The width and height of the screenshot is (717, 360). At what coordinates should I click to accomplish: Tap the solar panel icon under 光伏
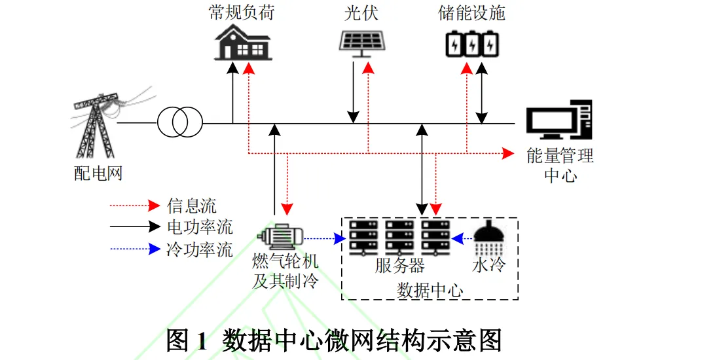coord(361,41)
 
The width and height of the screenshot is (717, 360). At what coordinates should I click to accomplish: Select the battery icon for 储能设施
coord(472,43)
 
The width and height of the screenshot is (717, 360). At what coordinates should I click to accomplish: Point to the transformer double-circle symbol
coord(179,122)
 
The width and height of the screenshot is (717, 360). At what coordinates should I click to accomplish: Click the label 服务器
coord(400,266)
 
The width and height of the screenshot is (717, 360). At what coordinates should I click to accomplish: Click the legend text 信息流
coord(192,206)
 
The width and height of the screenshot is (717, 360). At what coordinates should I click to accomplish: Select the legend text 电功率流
coord(200,227)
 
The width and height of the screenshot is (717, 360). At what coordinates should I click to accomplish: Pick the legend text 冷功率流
coord(200,249)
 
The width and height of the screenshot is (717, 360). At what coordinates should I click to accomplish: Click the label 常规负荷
coord(242,13)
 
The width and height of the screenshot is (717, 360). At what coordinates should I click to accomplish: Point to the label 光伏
coord(361,13)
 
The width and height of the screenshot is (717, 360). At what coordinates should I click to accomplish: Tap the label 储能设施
coord(472,13)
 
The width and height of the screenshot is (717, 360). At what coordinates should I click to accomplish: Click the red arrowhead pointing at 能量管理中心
coord(508,153)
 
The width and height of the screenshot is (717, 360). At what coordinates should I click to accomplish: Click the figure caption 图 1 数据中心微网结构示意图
coord(334,340)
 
